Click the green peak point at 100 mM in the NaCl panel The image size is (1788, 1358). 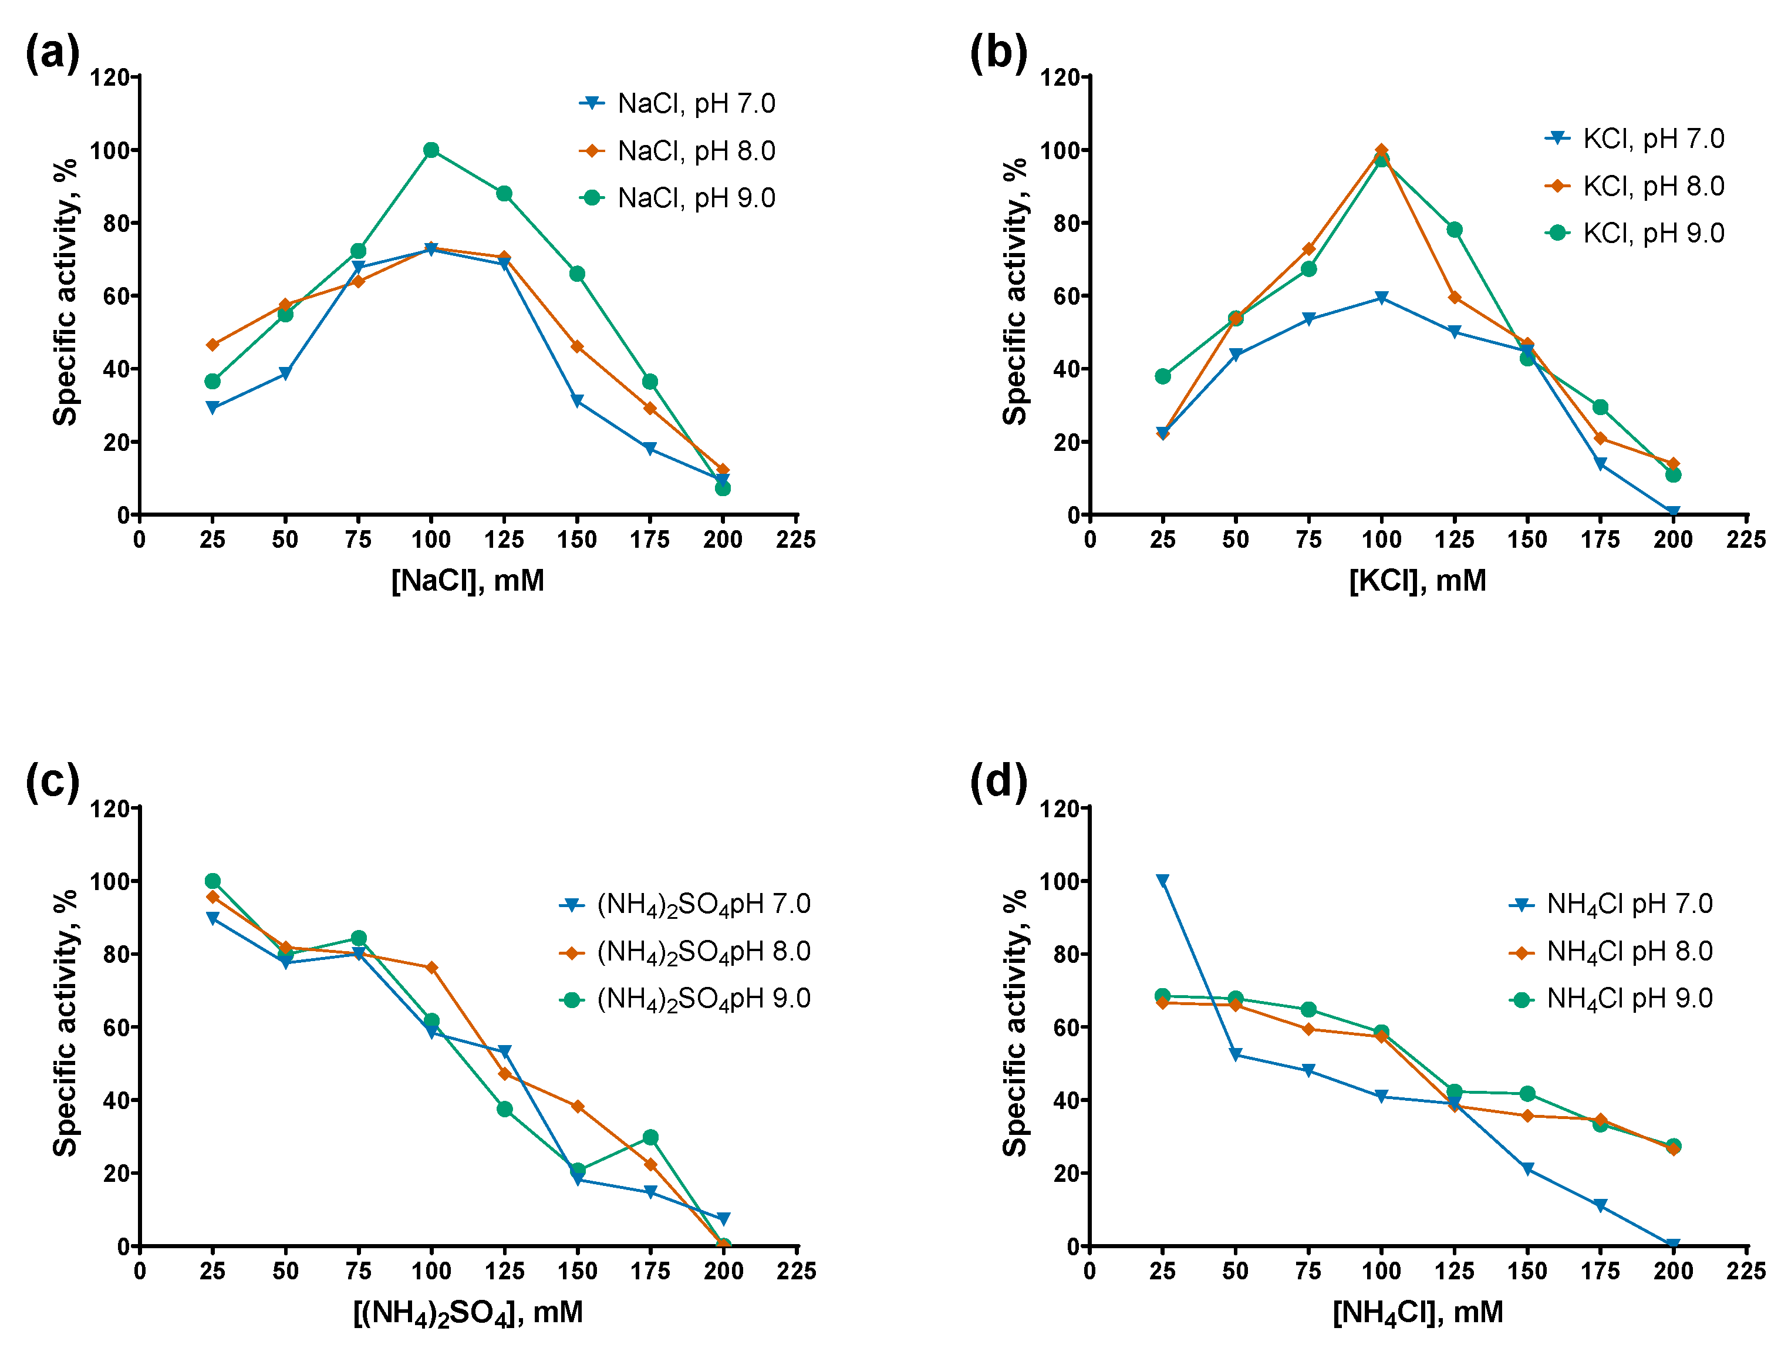(x=431, y=150)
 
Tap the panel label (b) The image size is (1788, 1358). (x=998, y=53)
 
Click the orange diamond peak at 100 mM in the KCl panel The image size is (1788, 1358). (x=1381, y=150)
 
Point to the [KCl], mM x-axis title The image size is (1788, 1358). (x=1417, y=581)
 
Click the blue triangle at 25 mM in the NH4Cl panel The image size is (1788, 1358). (x=1162, y=881)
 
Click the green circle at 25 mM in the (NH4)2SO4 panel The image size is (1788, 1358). (x=212, y=881)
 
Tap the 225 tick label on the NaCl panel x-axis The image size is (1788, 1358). (x=795, y=540)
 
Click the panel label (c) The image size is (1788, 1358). (x=53, y=783)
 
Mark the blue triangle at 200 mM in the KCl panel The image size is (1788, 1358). (x=1673, y=513)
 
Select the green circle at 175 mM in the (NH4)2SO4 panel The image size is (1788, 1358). (x=650, y=1137)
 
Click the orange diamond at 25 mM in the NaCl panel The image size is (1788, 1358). (x=212, y=345)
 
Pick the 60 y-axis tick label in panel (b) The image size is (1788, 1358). (x=1066, y=296)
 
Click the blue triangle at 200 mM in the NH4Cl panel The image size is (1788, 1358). (x=1673, y=1245)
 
